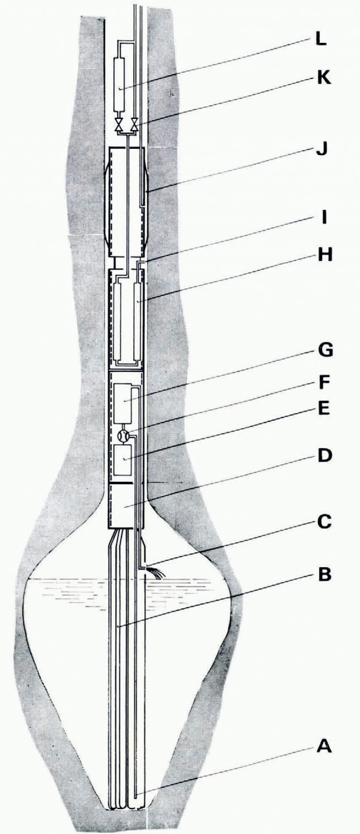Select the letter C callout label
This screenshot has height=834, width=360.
pos(323,522)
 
